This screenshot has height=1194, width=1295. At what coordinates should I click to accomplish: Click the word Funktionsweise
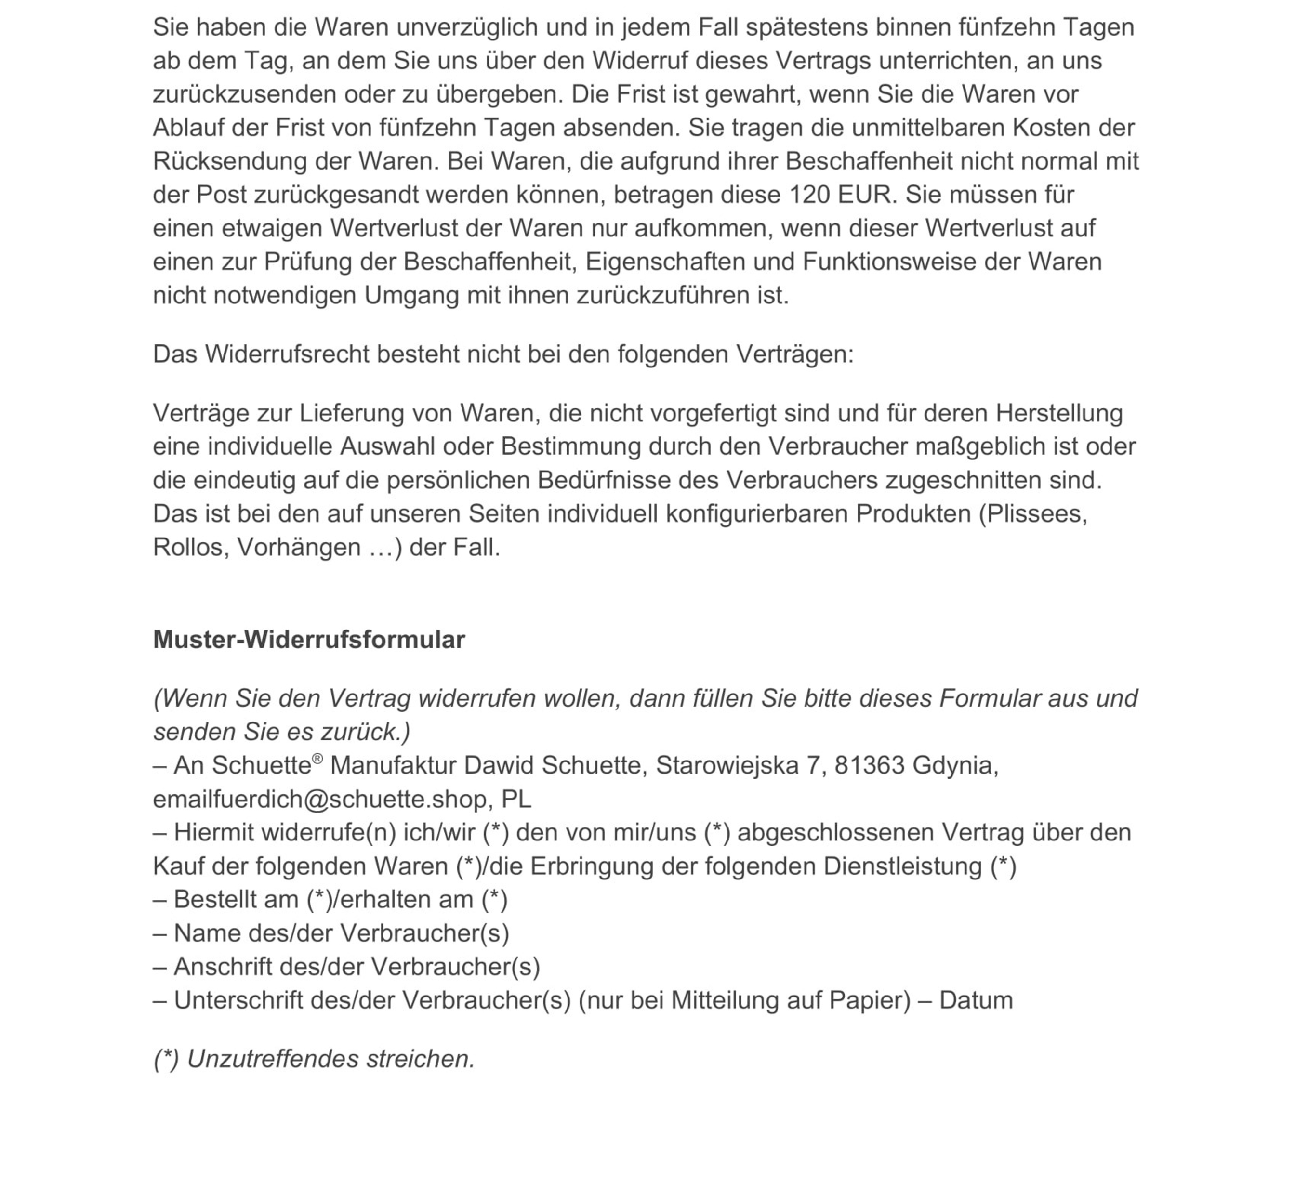pos(911,262)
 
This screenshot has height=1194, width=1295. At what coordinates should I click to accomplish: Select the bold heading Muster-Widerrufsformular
pos(309,640)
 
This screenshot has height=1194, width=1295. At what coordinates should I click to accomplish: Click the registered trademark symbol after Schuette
pos(317,759)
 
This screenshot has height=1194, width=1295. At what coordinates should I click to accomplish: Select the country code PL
pos(516,799)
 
